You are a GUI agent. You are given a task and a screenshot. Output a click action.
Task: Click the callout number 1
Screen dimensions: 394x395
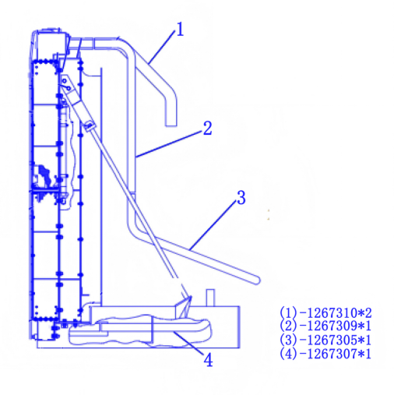click(180, 29)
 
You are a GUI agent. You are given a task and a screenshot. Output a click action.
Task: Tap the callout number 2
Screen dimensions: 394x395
click(207, 129)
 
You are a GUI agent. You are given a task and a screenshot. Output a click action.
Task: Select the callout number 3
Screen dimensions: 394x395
click(241, 198)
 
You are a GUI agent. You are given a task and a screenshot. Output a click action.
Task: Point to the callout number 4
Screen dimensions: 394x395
click(209, 360)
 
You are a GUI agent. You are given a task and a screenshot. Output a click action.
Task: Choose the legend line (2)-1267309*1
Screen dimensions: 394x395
click(325, 326)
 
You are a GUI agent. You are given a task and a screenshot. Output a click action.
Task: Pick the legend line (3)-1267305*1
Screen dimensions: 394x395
click(325, 340)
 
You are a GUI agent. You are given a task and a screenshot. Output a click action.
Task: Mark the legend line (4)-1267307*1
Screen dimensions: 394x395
click(325, 354)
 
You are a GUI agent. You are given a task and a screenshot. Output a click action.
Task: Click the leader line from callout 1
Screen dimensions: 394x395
click(162, 47)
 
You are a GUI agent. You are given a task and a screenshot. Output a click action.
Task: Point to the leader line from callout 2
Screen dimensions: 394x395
click(169, 144)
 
